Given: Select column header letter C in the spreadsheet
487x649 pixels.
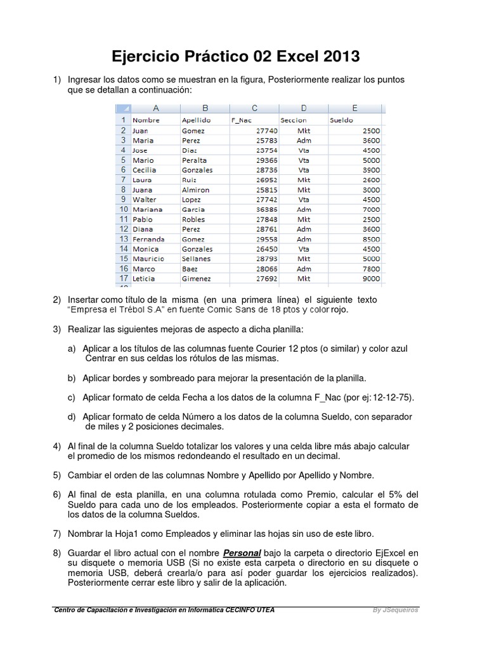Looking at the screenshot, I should (254, 108).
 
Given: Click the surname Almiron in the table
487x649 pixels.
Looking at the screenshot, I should (195, 190).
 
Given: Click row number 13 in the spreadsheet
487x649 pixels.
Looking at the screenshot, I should (122, 239).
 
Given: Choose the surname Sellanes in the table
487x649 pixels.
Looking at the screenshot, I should (197, 259).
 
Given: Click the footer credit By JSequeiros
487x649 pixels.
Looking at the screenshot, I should (395, 610).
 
